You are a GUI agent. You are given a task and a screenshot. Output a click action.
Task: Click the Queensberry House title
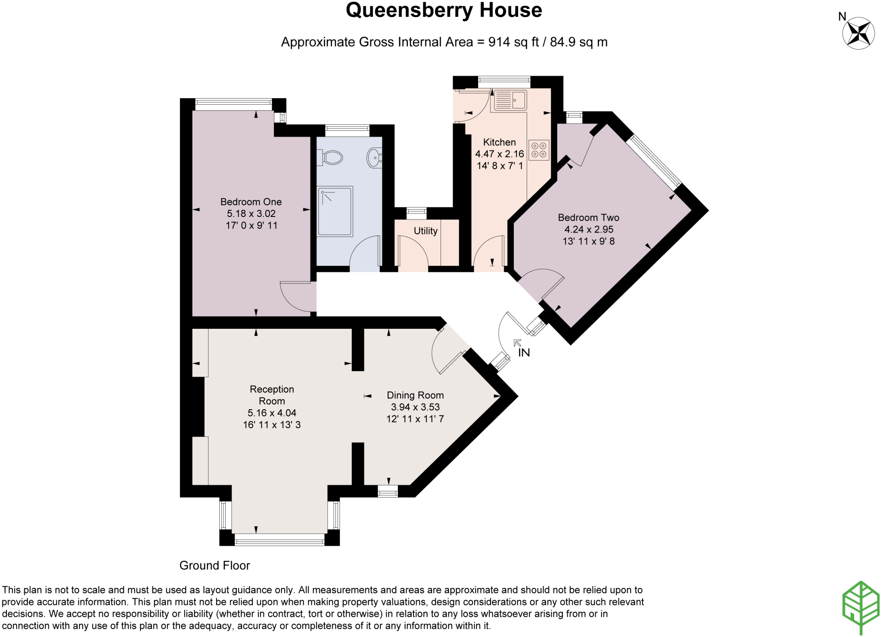444,10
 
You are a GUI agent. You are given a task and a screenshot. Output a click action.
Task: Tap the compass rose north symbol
858,33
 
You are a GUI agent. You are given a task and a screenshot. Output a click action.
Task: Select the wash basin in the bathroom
374,158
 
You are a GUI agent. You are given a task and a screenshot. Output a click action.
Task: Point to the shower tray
335,211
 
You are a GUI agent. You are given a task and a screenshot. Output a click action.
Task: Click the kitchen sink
510,100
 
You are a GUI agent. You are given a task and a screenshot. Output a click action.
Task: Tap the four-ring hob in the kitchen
539,150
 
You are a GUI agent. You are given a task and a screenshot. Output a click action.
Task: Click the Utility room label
425,231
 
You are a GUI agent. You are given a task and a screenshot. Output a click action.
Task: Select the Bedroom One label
251,202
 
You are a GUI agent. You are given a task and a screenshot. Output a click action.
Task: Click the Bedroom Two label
588,218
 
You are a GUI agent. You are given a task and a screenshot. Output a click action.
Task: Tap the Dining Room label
415,395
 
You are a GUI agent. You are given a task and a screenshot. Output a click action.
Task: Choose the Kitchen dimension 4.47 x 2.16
500,154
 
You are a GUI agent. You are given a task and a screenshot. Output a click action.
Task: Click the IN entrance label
524,353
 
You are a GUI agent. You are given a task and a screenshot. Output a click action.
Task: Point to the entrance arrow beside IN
517,343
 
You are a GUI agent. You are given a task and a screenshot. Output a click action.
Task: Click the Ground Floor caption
214,566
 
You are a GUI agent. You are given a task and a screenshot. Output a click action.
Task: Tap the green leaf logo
861,607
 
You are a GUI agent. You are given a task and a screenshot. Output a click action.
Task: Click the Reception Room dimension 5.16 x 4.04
272,413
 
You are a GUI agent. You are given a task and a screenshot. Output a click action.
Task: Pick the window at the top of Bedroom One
233,102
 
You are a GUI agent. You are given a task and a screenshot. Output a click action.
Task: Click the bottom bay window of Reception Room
280,540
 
